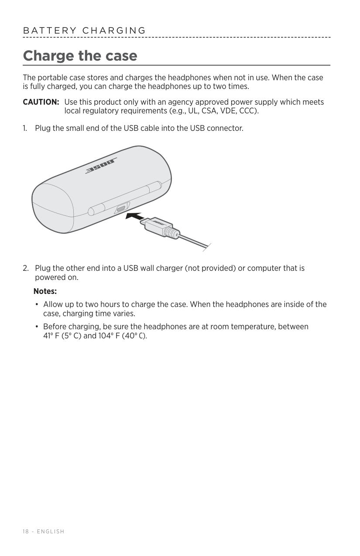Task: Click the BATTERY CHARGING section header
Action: pyautogui.click(x=84, y=31)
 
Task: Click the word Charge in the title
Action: pyautogui.click(x=49, y=56)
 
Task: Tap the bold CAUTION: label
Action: pyautogui.click(x=41, y=102)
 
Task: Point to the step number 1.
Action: pyautogui.click(x=25, y=128)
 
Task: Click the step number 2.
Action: pyautogui.click(x=26, y=268)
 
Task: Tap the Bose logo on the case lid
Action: pyautogui.click(x=101, y=166)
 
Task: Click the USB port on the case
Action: pyautogui.click(x=121, y=208)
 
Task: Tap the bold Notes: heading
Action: pyautogui.click(x=45, y=291)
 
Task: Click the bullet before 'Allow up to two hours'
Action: pyautogui.click(x=37, y=304)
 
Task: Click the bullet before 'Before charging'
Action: pyautogui.click(x=37, y=327)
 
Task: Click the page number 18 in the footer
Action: pyautogui.click(x=26, y=532)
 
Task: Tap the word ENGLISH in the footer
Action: pyautogui.click(x=51, y=532)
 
